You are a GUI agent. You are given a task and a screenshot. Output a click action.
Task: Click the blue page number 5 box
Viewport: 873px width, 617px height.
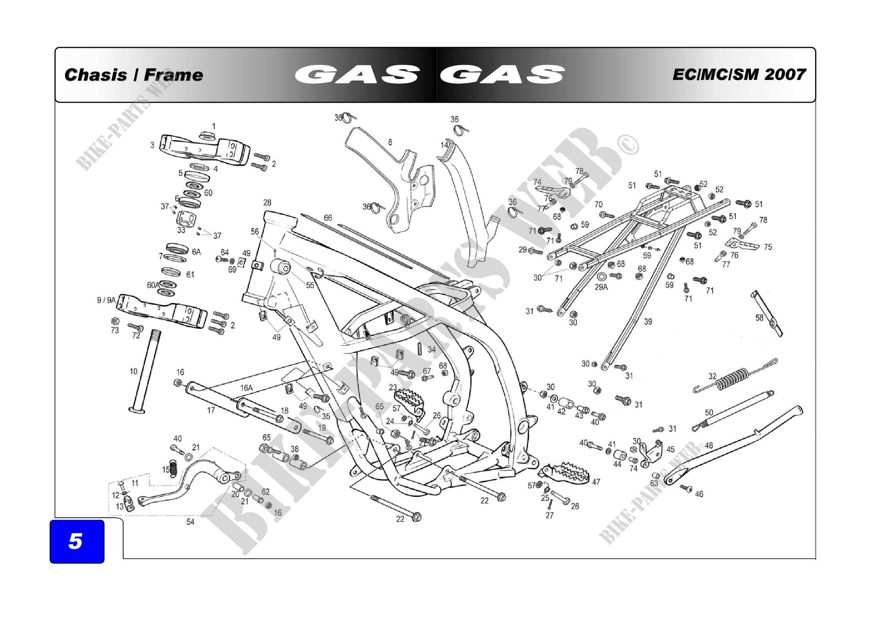click(77, 541)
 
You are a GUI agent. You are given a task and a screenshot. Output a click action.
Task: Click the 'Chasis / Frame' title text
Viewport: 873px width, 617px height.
click(134, 75)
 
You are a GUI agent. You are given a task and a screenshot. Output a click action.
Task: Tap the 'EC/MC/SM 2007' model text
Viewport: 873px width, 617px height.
click(739, 75)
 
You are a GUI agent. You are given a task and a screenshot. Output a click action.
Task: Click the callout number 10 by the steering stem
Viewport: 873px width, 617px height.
click(134, 371)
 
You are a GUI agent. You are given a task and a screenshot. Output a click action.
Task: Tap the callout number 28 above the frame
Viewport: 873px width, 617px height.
click(267, 203)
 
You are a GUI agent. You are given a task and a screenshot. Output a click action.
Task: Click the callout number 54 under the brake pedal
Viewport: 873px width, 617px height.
click(190, 522)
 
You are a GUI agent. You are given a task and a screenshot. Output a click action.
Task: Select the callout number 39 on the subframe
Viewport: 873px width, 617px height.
click(648, 322)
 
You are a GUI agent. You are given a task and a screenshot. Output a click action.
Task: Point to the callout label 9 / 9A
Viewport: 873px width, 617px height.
click(106, 300)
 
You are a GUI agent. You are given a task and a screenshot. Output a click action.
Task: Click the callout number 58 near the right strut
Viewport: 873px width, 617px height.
click(759, 317)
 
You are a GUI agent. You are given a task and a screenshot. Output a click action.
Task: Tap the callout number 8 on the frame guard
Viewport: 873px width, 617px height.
click(390, 142)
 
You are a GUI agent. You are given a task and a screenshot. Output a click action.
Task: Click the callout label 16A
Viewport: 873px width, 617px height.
click(246, 388)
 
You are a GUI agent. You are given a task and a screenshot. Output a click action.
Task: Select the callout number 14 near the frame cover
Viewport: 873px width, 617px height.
click(444, 145)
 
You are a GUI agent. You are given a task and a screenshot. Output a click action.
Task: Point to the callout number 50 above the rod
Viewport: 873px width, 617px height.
click(709, 412)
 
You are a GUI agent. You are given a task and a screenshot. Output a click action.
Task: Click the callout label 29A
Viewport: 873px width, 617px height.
click(601, 287)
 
